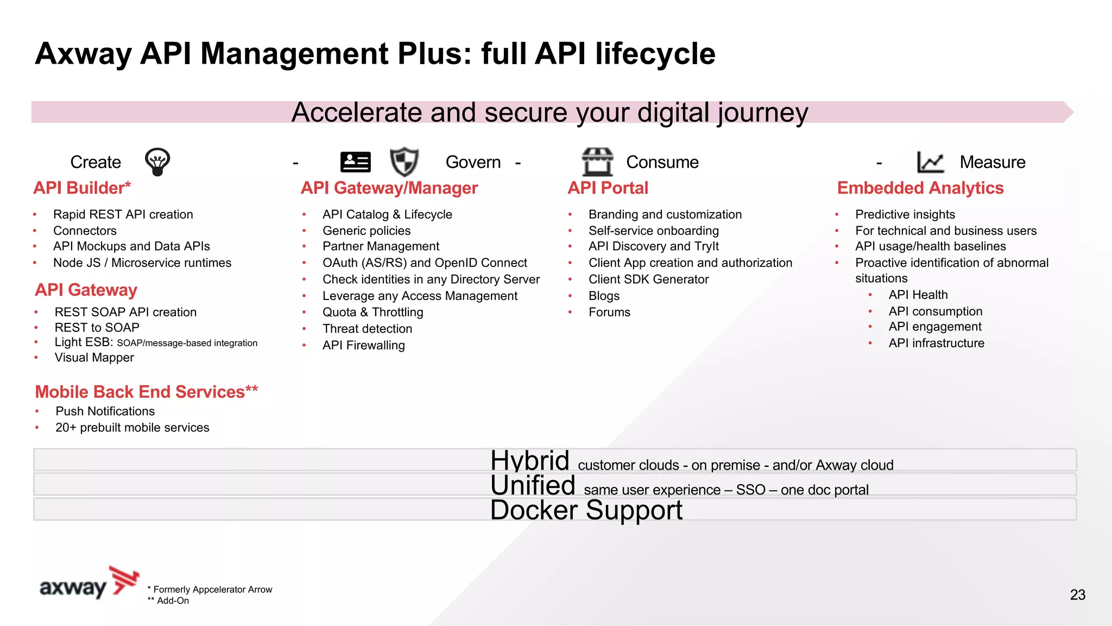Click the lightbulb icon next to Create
tap(157, 162)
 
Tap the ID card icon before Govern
tap(355, 162)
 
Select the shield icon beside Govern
tap(404, 162)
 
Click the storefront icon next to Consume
tap(597, 162)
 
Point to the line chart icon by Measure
tap(930, 162)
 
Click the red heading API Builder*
tap(82, 188)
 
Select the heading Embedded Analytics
tap(920, 188)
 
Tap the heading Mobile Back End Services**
tap(146, 392)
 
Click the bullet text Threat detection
tap(367, 329)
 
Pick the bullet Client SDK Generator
tap(648, 279)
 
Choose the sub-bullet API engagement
tap(934, 327)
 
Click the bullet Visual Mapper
tap(94, 358)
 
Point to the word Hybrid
tap(529, 461)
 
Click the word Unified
tap(532, 485)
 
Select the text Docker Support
tap(586, 510)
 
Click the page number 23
tap(1077, 595)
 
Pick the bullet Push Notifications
tap(105, 411)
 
